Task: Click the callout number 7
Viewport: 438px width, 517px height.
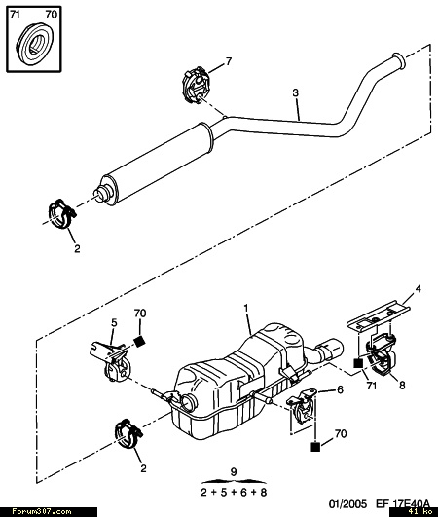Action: tap(229, 61)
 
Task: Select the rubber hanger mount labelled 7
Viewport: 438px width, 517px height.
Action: tap(195, 86)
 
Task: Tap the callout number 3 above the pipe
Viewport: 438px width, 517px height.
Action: tap(295, 92)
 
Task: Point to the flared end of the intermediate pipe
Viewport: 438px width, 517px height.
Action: tap(399, 61)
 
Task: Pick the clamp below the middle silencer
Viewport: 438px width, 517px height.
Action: tap(62, 214)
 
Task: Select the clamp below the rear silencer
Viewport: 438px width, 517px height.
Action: tap(128, 434)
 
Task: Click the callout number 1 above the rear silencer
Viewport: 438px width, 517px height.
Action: tap(246, 309)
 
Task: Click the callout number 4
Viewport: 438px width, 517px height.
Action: tap(418, 289)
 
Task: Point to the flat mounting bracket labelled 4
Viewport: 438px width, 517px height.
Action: tap(378, 315)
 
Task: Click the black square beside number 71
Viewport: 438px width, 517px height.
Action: tap(358, 363)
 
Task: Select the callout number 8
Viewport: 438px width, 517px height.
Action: tap(402, 385)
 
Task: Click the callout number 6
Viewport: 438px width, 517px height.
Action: tap(340, 389)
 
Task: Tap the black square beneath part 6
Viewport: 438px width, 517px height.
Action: tap(315, 447)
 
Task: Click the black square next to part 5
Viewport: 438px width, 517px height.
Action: tap(140, 342)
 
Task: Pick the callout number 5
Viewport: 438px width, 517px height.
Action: tap(114, 323)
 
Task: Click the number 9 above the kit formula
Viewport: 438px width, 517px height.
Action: tap(234, 472)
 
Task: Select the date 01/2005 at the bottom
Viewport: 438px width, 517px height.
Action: tap(347, 503)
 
